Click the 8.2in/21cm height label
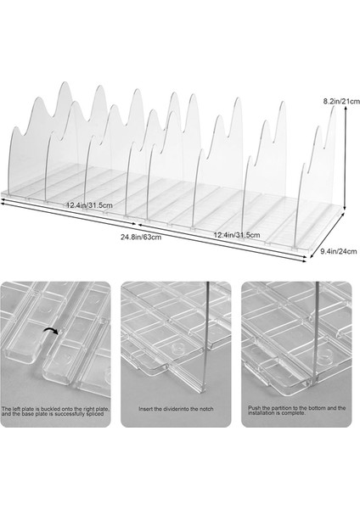click(x=341, y=101)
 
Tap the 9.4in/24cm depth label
click(x=338, y=251)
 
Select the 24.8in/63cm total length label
click(x=141, y=237)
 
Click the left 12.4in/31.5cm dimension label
click(x=89, y=205)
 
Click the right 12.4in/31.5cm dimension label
click(x=237, y=235)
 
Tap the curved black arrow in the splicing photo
click(x=51, y=331)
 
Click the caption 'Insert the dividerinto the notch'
click(x=176, y=409)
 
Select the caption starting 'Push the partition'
click(x=297, y=411)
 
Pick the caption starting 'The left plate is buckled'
click(x=55, y=411)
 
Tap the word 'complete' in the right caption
click(x=295, y=413)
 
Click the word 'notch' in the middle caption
click(x=206, y=409)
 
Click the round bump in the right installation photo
click(x=325, y=355)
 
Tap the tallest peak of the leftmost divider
click(x=64, y=82)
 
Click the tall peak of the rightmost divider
click(x=333, y=107)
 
